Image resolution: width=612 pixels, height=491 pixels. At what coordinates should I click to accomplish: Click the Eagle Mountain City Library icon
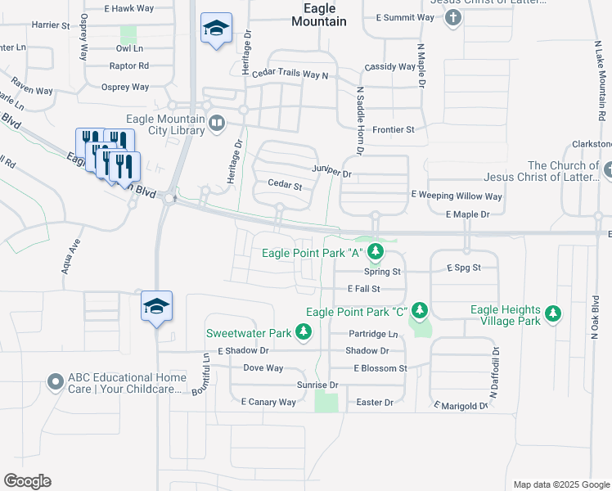[x=217, y=124]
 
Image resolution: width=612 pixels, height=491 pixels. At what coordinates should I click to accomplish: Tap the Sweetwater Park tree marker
[x=304, y=332]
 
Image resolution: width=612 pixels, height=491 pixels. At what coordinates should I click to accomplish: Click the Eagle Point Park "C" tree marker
[x=420, y=311]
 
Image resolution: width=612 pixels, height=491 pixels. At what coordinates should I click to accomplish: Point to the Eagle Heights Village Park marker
[x=553, y=313]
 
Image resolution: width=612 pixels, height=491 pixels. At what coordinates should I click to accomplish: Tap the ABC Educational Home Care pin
[x=55, y=382]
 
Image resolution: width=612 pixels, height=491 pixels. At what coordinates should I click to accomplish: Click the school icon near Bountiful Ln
[x=156, y=307]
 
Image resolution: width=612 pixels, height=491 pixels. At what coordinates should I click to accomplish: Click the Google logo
[x=27, y=481]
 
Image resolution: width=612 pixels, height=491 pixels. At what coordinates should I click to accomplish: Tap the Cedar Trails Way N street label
[x=290, y=75]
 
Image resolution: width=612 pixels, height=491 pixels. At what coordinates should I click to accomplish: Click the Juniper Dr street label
[x=331, y=173]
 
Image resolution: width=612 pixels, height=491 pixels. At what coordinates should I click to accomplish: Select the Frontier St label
[x=394, y=129]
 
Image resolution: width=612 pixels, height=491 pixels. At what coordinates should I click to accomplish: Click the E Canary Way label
[x=268, y=402]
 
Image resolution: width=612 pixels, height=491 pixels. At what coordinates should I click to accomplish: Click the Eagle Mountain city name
[x=319, y=15]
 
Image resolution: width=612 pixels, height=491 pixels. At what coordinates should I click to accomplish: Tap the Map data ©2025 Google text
[x=560, y=484]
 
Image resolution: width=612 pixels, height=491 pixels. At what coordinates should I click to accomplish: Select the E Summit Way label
[x=406, y=16]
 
